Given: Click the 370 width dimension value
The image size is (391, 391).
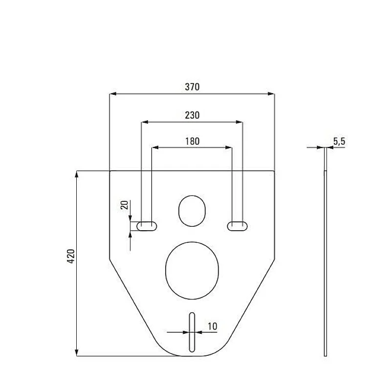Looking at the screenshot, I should pyautogui.click(x=192, y=87).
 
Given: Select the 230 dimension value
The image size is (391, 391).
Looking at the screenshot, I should pyautogui.click(x=192, y=115).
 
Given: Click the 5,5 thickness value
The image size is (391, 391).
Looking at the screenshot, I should pyautogui.click(x=339, y=141).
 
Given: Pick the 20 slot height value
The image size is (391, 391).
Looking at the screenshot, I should pyautogui.click(x=124, y=205).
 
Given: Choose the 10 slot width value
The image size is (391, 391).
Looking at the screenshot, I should pyautogui.click(x=213, y=326).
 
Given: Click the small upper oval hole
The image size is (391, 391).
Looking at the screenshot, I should pyautogui.click(x=191, y=211).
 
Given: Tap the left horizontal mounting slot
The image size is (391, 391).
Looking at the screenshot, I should pyautogui.click(x=147, y=225).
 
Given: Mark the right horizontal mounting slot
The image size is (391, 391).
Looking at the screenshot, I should pyautogui.click(x=237, y=225).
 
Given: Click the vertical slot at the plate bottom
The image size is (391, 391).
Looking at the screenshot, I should pyautogui.click(x=192, y=332).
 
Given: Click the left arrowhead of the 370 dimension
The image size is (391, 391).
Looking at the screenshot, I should pyautogui.click(x=112, y=94).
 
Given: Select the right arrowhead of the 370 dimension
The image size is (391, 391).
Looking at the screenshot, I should pyautogui.click(x=272, y=94).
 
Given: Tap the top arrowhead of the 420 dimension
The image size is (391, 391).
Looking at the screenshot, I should pyautogui.click(x=77, y=174).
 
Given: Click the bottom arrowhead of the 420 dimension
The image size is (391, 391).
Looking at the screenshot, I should pyautogui.click(x=77, y=352).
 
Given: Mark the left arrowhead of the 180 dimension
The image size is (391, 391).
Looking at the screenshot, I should pyautogui.click(x=154, y=147).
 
